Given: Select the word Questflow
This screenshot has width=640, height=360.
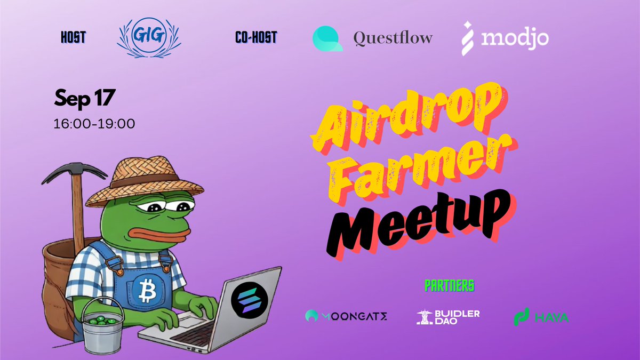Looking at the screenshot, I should [393, 38].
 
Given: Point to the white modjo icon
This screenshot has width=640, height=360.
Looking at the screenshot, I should [469, 38].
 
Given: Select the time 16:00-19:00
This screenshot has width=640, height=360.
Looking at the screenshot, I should [94, 124].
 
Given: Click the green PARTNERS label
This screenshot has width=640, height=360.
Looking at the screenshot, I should [449, 286].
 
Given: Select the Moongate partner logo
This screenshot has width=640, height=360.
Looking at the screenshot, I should [346, 317].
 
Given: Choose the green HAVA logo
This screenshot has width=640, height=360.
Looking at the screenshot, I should [540, 317].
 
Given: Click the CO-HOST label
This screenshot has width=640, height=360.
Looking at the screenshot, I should [255, 38].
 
